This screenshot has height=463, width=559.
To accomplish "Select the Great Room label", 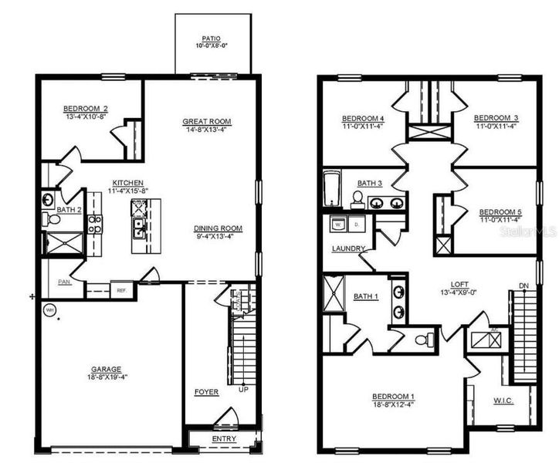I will coord(207,122).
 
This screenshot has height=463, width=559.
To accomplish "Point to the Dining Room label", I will coord(219,228).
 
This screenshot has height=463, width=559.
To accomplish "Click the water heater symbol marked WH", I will coord(50,310).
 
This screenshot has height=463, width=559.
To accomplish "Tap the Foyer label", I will coord(207,392).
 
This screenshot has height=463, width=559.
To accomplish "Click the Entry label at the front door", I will coord(224,439).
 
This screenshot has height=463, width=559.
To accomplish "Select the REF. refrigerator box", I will coord(121,290).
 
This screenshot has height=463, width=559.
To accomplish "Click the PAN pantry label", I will coord(65,282).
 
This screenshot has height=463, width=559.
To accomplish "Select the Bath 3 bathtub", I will coord(331,189).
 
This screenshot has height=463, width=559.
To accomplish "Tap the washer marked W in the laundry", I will coord(337,225).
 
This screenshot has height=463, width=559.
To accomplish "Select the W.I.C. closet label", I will coord(503,401).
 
